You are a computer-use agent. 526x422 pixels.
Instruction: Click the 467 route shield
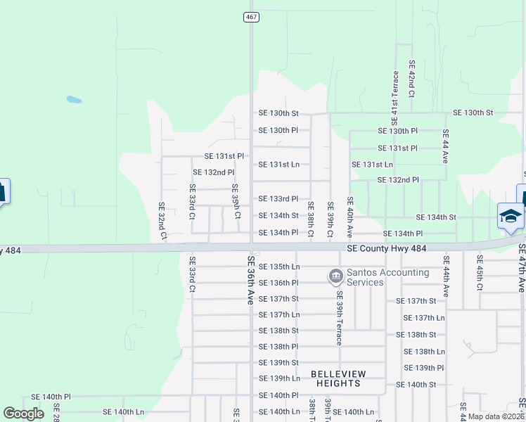251,17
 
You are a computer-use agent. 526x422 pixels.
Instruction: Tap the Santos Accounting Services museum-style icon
335,275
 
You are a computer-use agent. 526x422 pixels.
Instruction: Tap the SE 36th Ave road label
250,279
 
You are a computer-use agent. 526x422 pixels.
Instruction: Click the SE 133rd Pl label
278,199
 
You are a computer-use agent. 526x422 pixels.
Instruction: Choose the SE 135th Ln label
278,267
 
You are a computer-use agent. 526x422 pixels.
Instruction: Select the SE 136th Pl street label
278,283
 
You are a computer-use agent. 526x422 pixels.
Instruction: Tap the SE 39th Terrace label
338,317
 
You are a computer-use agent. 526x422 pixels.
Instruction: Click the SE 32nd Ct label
162,221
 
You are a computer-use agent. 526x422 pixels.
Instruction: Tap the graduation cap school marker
510,215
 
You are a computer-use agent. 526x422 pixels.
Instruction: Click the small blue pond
74,99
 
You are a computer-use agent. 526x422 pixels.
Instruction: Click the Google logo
23,414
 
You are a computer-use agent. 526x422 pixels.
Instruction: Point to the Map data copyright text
496,416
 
